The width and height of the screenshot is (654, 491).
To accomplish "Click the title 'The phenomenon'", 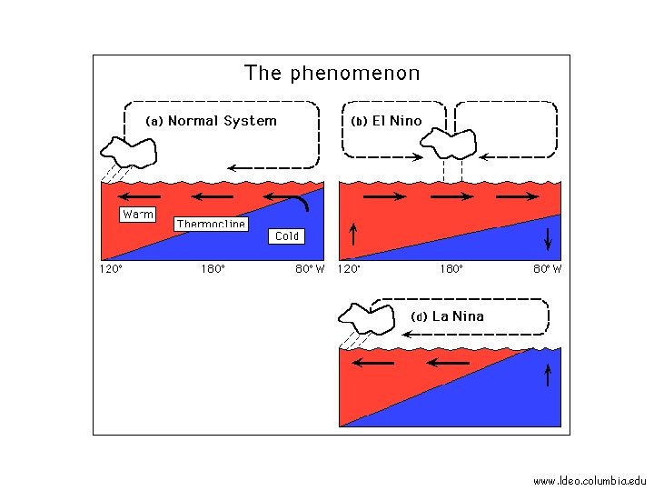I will coord(332,74).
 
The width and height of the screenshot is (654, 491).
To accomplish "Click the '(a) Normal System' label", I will coord(212,121).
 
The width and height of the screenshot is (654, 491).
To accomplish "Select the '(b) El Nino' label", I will coord(386,121).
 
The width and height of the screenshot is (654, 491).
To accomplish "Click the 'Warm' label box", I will coord(138,215).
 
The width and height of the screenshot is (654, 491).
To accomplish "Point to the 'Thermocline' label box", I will coord(211,224).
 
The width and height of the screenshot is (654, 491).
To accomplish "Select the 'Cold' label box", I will coord(286,236).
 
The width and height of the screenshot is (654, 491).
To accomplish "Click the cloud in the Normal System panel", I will coord(128,150).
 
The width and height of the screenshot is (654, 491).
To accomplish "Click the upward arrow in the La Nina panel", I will coord(549,374).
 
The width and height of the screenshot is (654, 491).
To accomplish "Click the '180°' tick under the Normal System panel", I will coord(213,269).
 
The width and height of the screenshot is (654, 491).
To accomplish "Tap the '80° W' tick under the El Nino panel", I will coord(547,269).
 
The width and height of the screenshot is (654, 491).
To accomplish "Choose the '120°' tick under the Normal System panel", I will coord(111,269).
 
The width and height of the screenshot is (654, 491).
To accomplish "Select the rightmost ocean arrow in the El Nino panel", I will coord(516,196).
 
